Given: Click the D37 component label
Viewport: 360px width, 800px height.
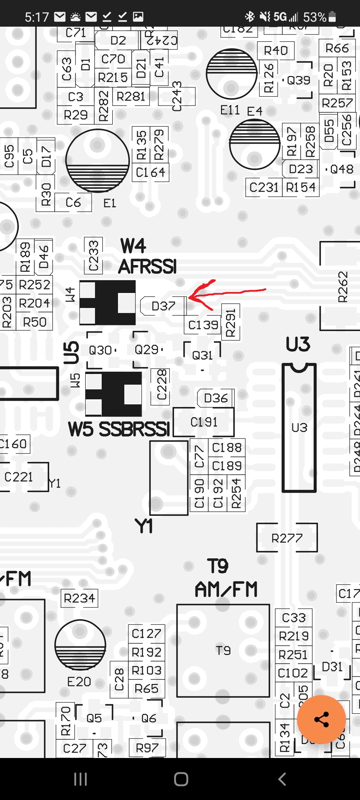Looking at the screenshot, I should click(163, 306).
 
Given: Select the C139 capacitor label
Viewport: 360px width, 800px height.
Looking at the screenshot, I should click(203, 325).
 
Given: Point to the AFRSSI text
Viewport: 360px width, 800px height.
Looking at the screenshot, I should click(147, 267).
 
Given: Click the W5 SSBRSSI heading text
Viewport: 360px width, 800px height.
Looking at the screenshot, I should click(119, 429).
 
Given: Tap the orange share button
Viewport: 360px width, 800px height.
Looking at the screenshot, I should click(321, 719).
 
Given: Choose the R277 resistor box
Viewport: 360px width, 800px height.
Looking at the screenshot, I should click(287, 538).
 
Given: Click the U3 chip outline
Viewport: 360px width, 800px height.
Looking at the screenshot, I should click(299, 428).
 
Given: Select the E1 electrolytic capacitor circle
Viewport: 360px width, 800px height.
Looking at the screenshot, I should click(97, 161).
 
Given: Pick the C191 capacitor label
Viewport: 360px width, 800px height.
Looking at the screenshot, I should click(204, 422).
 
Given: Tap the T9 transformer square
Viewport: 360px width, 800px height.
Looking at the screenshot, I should click(223, 650).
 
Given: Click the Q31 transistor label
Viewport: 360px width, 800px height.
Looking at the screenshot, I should click(202, 356).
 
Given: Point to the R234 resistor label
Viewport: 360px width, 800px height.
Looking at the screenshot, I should click(79, 598).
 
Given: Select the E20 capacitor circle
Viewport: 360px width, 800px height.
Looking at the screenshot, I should click(80, 645).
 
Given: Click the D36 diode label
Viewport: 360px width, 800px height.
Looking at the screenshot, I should click(216, 398).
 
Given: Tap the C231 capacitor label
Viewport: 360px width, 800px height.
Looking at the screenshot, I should click(264, 187).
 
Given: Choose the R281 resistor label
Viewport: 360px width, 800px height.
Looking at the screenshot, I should click(131, 97).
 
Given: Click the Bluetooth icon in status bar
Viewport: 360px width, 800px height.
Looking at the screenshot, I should click(249, 16).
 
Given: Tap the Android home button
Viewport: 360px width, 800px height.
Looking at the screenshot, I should click(181, 779).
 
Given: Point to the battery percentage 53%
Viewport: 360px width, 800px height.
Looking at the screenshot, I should click(314, 17).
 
